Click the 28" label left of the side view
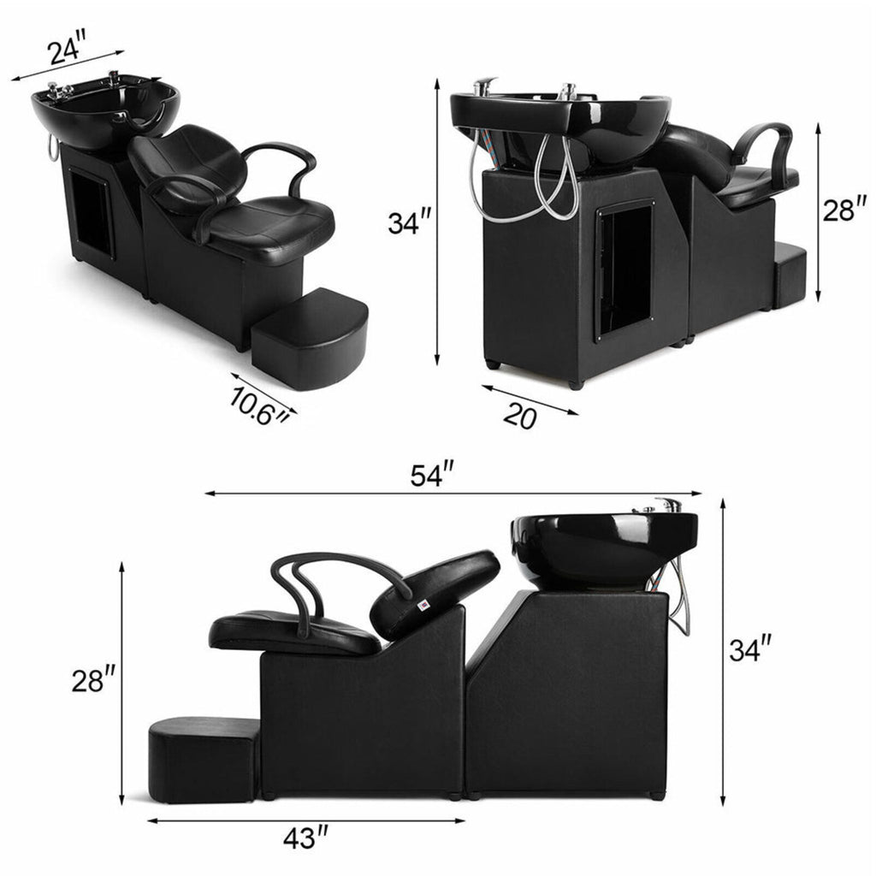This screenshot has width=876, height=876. point(94,681)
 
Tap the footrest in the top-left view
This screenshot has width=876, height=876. point(311,334)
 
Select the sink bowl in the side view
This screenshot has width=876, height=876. point(599,547)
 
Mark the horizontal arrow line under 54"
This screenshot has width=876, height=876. point(453,494)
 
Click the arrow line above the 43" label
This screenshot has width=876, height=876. point(305,820)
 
